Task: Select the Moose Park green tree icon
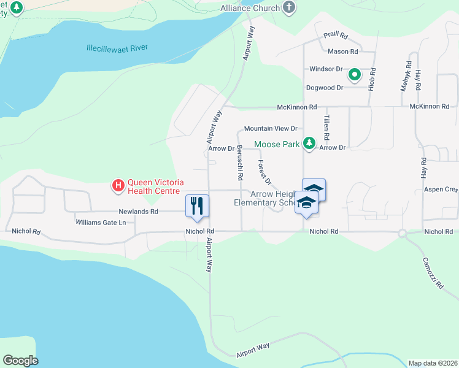point(309,144)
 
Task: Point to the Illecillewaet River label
point(117,48)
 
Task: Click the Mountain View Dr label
point(270,129)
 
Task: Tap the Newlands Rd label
point(139,212)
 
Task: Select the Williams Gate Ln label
point(101,222)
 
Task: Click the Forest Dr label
point(264,172)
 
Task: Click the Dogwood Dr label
point(325,88)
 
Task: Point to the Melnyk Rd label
point(405,76)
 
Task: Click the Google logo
point(20,361)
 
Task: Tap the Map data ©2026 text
point(433,363)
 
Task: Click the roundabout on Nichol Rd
point(402,233)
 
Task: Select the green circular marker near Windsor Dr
point(355,75)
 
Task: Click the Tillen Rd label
point(326,129)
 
